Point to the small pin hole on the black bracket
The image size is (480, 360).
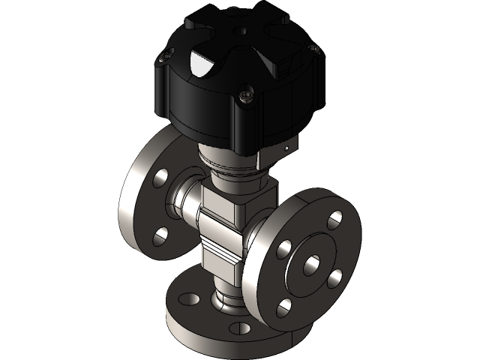[286, 149]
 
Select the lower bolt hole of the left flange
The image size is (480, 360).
[160, 237]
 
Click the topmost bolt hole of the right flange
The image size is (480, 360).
[334, 219]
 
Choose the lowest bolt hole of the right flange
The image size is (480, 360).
[284, 307]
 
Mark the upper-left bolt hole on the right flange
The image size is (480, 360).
[284, 248]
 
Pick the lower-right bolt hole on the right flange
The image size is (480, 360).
[335, 277]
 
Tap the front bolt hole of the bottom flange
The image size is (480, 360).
[240, 328]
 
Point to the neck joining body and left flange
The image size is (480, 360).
[184, 200]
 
